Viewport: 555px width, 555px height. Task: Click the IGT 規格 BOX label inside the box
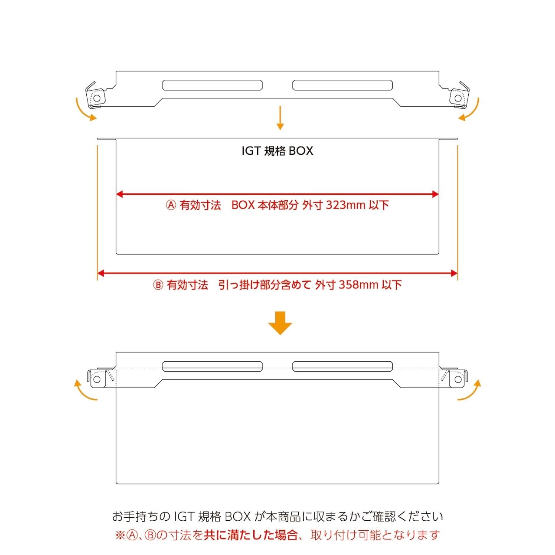coord(277,151)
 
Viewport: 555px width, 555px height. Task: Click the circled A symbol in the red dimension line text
coord(171,205)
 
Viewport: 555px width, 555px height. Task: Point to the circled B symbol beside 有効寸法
coord(158,285)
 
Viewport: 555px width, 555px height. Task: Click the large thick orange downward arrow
coord(280,323)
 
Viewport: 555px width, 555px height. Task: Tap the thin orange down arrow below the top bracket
coord(280,118)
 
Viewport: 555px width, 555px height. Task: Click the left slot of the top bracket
coord(212,85)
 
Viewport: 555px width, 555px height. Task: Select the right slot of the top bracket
coord(343,85)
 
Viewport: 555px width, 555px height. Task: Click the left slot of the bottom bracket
coord(212,366)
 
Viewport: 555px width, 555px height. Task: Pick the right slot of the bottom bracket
coord(343,366)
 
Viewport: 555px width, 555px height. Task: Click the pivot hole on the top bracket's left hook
coord(97,98)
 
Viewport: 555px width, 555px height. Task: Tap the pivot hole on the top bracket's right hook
coord(458,98)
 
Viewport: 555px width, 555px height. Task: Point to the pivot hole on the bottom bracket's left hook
coord(97,379)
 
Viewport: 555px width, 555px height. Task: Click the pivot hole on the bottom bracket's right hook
coord(458,379)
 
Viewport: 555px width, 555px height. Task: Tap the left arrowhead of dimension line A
coord(120,194)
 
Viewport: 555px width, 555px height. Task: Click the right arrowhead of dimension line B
coord(454,273)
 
